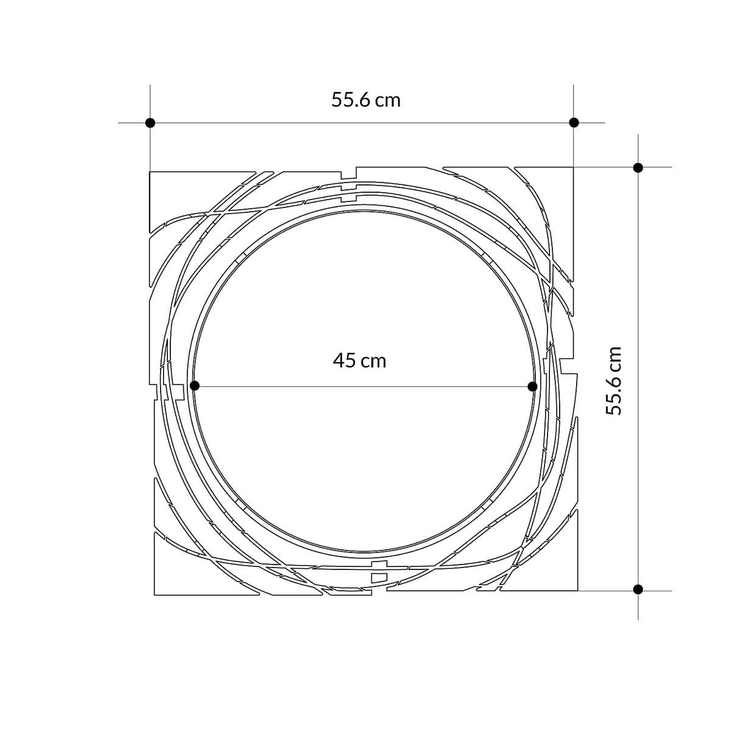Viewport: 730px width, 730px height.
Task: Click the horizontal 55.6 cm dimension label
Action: click(x=366, y=100)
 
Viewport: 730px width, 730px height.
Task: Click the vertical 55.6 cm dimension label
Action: click(x=613, y=381)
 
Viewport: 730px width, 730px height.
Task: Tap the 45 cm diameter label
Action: click(x=360, y=360)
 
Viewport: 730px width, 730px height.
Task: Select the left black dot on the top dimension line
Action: click(x=150, y=123)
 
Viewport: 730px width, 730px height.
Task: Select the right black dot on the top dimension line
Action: click(x=574, y=123)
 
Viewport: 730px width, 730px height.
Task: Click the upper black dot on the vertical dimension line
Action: click(x=638, y=168)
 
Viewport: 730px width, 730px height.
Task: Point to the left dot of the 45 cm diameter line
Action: click(x=194, y=386)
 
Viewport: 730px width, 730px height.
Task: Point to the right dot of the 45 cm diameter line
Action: click(x=532, y=386)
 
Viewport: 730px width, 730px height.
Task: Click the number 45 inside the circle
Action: click(x=344, y=360)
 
